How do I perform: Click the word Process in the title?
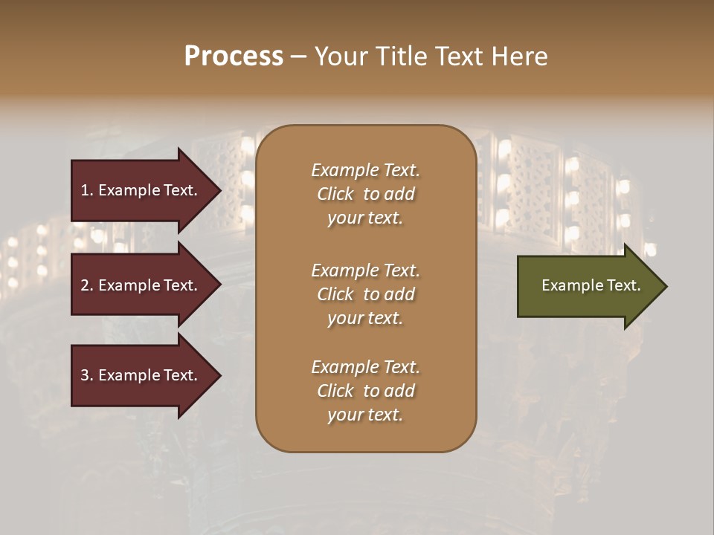point(234,56)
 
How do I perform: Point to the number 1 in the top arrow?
point(85,190)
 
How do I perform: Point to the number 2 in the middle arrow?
point(85,285)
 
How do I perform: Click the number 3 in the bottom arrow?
point(85,375)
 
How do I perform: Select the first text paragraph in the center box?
point(365,194)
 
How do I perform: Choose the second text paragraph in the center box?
point(365,294)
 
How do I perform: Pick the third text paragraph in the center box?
point(365,391)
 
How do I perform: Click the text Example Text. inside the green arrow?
point(591,286)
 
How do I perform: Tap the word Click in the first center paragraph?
point(335,194)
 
